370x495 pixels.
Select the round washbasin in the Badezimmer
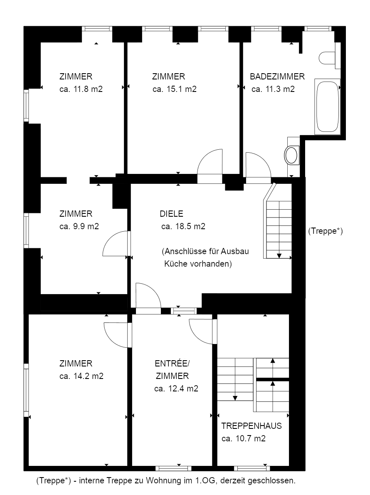(292, 155)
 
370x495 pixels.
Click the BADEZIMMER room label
(277, 77)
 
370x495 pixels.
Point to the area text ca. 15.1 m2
(174, 89)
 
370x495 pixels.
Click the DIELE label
(171, 214)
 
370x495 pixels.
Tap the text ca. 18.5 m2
(183, 227)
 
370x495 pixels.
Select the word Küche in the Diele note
(176, 264)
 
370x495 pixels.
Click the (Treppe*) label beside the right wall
(326, 231)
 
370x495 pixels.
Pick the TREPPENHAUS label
(252, 426)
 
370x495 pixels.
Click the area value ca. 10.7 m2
(243, 438)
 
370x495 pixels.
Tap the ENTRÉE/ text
(172, 364)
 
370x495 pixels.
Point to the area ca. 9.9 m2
(79, 226)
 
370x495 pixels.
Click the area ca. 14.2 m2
(81, 376)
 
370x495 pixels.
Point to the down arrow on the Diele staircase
(279, 255)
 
